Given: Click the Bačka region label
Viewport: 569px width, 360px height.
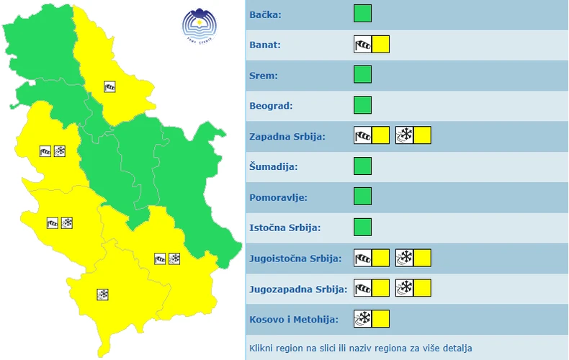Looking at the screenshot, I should tap(265, 14).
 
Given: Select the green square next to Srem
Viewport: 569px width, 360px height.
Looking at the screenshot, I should tap(362, 75).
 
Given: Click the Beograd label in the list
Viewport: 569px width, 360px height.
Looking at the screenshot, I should tap(271, 106).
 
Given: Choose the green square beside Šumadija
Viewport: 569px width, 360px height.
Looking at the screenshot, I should tap(362, 166).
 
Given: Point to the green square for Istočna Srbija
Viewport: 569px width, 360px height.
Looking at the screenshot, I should tap(362, 228).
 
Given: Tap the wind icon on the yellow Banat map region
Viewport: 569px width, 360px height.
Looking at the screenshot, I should tap(109, 86).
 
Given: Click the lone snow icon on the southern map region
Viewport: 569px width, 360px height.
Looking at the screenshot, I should tap(103, 294).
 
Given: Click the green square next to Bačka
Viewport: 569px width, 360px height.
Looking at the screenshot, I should tap(362, 14).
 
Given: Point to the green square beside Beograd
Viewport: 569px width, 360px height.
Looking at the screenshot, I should tap(362, 105).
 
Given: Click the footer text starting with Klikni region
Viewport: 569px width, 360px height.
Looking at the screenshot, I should tap(361, 348).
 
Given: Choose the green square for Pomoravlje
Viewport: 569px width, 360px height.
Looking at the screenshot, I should tap(362, 197).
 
